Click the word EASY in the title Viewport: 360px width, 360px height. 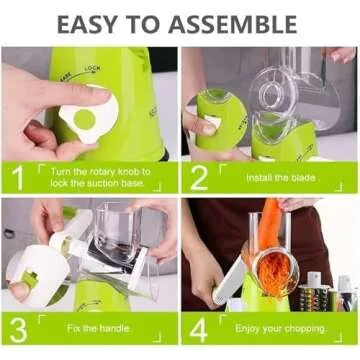point(95,22)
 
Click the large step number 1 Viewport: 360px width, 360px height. point(18,177)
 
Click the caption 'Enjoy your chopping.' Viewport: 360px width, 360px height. point(276,330)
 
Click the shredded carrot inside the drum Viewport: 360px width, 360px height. point(272,272)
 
